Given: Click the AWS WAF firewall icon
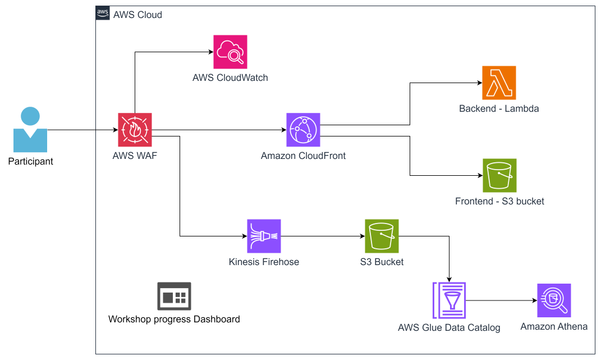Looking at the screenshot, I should pyautogui.click(x=135, y=130).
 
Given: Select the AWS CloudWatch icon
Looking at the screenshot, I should pyautogui.click(x=230, y=52).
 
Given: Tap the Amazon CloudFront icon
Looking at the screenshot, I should pyautogui.click(x=303, y=130).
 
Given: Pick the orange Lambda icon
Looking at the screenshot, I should pyautogui.click(x=499, y=83).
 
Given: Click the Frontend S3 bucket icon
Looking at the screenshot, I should pyautogui.click(x=499, y=175).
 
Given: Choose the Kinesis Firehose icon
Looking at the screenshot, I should pyautogui.click(x=264, y=236).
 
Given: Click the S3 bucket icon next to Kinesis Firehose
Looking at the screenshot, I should pyautogui.click(x=382, y=236).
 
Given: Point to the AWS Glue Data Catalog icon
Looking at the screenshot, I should pyautogui.click(x=449, y=300).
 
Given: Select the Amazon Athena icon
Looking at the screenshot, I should pyautogui.click(x=554, y=300).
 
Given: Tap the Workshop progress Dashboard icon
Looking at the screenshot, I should pyautogui.click(x=174, y=296).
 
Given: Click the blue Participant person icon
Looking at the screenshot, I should pyautogui.click(x=30, y=130).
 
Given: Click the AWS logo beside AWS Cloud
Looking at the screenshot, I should pyautogui.click(x=103, y=14).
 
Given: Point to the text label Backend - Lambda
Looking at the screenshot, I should pyautogui.click(x=499, y=109).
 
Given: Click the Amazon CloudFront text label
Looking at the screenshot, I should pyautogui.click(x=303, y=156).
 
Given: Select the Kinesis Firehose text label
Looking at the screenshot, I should pyautogui.click(x=264, y=262).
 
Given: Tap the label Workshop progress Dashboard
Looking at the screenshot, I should pyautogui.click(x=174, y=320).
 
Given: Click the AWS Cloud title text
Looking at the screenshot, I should pyautogui.click(x=137, y=15).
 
